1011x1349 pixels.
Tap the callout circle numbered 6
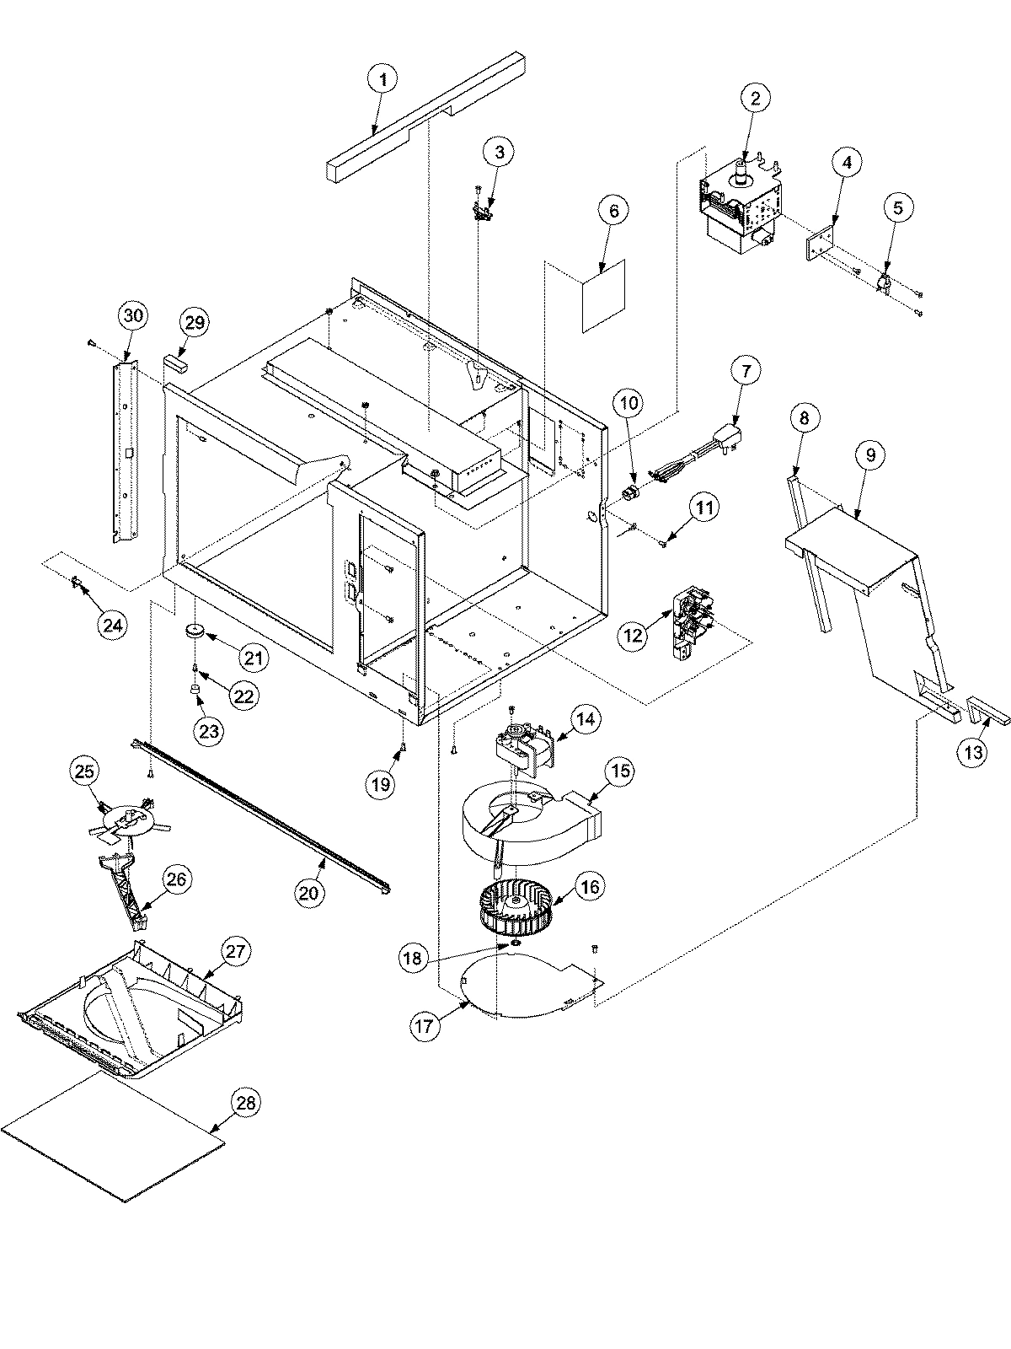(x=613, y=210)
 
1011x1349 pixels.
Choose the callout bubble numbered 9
(x=869, y=455)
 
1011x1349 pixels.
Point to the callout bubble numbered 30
(x=134, y=316)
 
